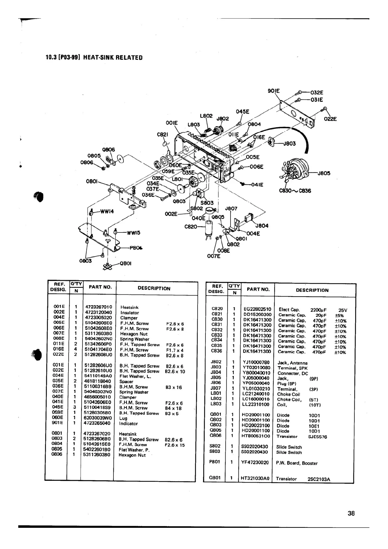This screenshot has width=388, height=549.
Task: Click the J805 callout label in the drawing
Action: tap(324, 173)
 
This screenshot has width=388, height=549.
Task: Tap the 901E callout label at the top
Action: tap(274, 91)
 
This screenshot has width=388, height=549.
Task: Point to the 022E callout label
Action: tap(330, 119)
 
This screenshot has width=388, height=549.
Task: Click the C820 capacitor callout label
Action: tap(191, 226)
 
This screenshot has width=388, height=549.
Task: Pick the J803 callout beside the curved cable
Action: tap(289, 143)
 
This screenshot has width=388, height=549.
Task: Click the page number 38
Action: tap(351, 513)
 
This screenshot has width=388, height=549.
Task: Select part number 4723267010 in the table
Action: tap(98, 307)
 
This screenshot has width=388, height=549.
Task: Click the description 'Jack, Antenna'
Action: tap(292, 363)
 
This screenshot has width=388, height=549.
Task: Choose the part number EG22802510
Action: tap(257, 309)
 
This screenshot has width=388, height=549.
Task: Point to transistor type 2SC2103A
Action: tap(319, 479)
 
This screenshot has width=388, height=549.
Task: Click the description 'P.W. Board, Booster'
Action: tap(296, 463)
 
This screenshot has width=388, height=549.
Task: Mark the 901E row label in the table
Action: tap(59, 423)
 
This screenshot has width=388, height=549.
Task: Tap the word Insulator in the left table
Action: tap(130, 313)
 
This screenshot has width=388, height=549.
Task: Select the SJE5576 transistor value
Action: tap(318, 437)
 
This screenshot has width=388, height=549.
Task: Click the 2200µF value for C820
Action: tap(319, 310)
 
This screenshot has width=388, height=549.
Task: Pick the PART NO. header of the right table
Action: tap(258, 289)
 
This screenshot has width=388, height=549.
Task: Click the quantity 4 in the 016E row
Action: tap(76, 349)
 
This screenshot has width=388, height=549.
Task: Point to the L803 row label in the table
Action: tap(216, 404)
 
